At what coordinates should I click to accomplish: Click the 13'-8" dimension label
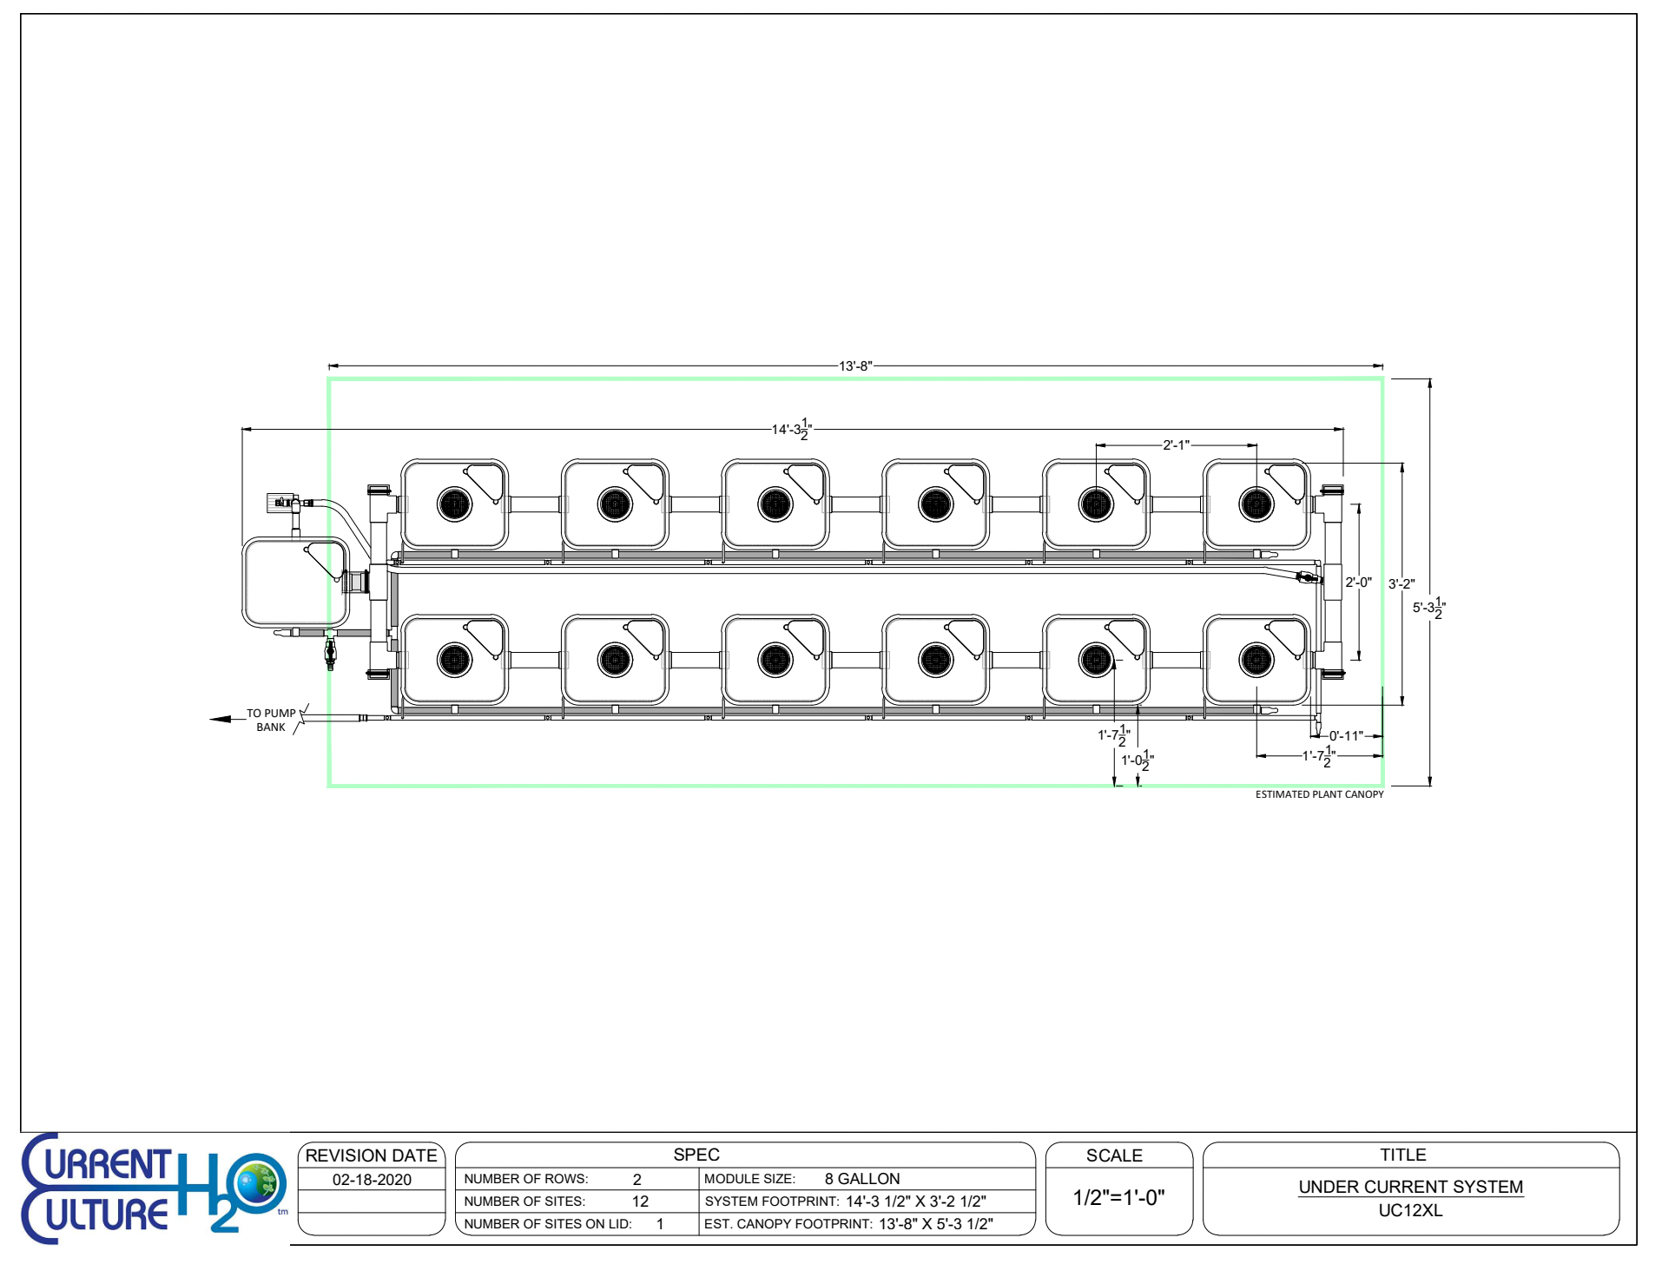[x=854, y=366]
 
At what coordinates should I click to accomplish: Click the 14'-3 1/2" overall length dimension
[x=791, y=429]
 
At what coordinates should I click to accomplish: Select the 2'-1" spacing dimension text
[x=1176, y=445]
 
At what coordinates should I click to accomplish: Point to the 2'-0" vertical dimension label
[x=1358, y=583]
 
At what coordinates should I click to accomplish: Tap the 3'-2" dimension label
[x=1401, y=584]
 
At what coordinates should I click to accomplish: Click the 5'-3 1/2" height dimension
[x=1428, y=608]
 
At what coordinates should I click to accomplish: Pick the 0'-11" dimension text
[x=1346, y=736]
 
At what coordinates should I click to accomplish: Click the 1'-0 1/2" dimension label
[x=1137, y=760]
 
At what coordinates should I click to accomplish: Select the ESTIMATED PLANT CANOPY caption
[x=1319, y=794]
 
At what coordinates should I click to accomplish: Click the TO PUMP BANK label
[x=271, y=720]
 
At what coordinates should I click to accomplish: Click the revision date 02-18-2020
[x=372, y=1180]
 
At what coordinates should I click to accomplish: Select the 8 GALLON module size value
[x=861, y=1179]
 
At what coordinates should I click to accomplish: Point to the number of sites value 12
[x=640, y=1201]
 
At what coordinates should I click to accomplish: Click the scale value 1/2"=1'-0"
[x=1118, y=1198]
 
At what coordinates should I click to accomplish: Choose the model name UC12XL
[x=1410, y=1210]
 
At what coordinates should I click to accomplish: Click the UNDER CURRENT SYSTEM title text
[x=1410, y=1187]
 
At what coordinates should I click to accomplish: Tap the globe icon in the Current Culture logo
[x=257, y=1183]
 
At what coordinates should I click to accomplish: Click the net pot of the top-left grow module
[x=454, y=504]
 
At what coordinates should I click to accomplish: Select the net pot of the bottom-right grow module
[x=1256, y=660]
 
